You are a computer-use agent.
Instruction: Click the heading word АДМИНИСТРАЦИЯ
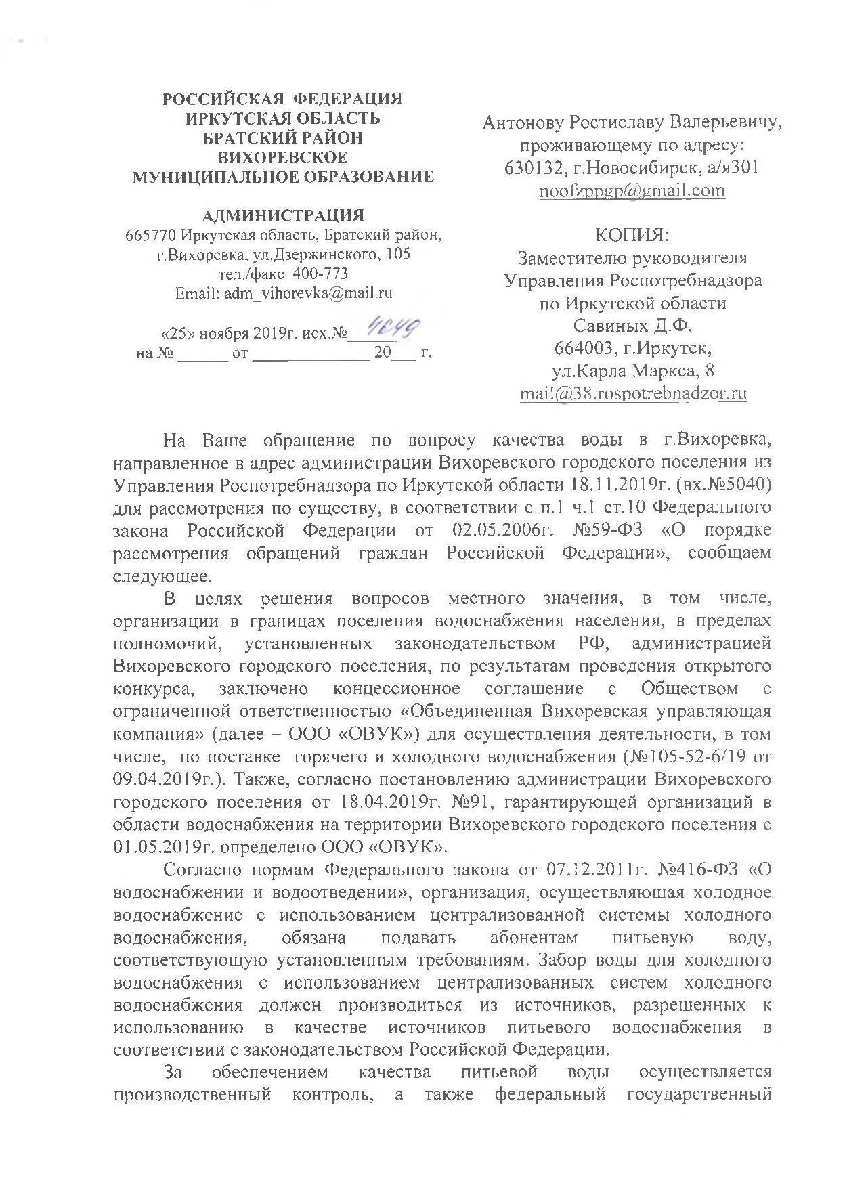coord(283,215)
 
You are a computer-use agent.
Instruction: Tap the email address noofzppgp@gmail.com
coord(632,190)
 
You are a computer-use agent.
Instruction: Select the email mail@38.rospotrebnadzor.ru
coord(633,393)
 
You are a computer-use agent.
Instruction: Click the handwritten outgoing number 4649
coord(392,331)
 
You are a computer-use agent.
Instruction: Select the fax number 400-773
coord(322,274)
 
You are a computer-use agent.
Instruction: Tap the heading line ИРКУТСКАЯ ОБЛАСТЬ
coord(283,118)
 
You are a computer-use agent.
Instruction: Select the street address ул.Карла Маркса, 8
coord(632,371)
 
